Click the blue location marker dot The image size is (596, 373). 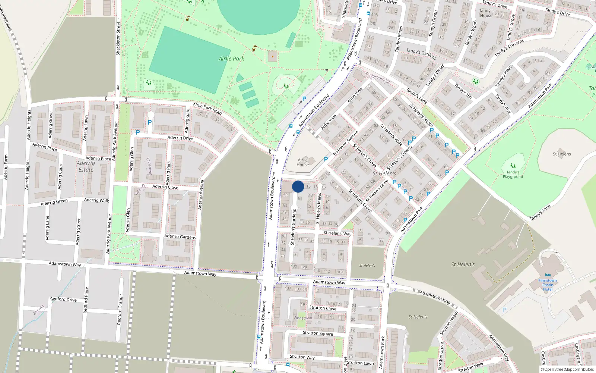298,186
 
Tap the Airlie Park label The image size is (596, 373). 231,59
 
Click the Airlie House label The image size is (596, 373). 302,162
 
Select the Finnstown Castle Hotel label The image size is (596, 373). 548,285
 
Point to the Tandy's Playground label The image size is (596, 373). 513,175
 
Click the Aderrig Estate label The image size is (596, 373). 86,166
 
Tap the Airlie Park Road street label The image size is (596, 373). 207,109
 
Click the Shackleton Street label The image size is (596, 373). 118,39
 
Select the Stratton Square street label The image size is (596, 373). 318,333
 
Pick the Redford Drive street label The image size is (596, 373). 63,299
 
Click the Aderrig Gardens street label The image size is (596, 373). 180,236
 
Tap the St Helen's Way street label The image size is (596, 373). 337,233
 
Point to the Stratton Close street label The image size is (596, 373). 323,308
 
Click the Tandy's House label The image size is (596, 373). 486,13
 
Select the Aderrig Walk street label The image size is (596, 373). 96,200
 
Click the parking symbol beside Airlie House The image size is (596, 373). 326,159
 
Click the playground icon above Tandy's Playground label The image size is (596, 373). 513,166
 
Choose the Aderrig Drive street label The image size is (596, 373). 180,138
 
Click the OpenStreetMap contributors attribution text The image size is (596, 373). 567,370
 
